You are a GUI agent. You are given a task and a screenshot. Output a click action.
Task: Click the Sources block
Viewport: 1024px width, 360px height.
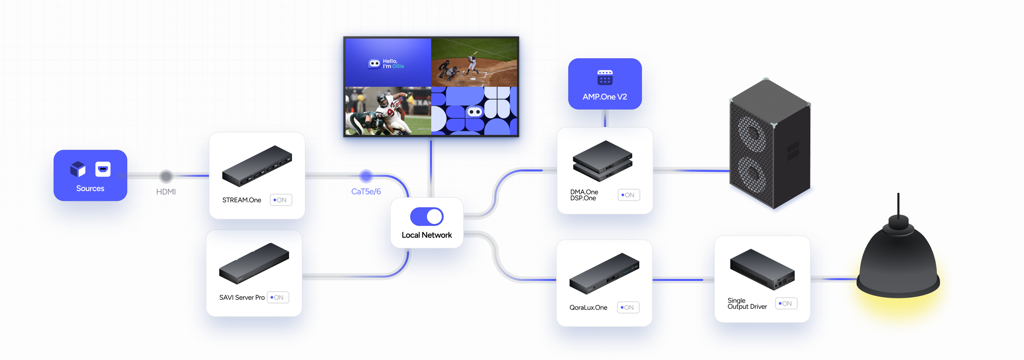click(x=90, y=175)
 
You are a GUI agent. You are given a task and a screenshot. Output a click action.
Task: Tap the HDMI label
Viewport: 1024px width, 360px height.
click(x=166, y=192)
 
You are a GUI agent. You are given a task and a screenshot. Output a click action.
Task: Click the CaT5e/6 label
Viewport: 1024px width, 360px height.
click(x=366, y=191)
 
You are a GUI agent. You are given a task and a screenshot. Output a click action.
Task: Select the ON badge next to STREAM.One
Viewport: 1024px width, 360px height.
click(x=281, y=200)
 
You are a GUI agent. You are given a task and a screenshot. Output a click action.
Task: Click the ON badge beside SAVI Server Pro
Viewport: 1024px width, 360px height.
click(x=278, y=297)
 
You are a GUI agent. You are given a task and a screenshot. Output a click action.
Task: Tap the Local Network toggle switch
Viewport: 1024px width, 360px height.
click(x=427, y=216)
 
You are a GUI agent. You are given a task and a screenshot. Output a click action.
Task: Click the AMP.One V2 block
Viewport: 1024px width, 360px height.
click(x=605, y=84)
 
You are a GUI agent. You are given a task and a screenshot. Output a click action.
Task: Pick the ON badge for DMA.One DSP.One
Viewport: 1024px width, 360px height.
click(x=628, y=195)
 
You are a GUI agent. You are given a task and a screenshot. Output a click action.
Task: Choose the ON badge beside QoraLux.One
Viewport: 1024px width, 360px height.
click(x=628, y=308)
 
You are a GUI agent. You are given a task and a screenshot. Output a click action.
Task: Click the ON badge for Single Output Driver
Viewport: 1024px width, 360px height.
click(x=786, y=303)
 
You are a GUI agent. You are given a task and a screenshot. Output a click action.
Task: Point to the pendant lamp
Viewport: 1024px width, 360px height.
click(x=898, y=262)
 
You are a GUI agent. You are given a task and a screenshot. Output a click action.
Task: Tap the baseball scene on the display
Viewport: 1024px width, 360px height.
click(x=474, y=62)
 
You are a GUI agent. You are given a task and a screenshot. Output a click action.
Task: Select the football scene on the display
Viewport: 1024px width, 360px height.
click(x=388, y=111)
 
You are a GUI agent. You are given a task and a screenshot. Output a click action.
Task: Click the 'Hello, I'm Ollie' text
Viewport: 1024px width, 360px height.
click(x=393, y=63)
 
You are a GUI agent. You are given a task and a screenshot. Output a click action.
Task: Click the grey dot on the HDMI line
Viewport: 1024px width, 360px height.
click(x=166, y=176)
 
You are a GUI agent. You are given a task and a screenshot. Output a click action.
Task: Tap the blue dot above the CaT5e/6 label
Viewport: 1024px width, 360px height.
click(x=366, y=176)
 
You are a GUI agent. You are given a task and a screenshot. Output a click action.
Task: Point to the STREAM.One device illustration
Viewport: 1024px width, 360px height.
click(x=257, y=166)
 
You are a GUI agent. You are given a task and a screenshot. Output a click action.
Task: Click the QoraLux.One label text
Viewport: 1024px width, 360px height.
click(x=588, y=308)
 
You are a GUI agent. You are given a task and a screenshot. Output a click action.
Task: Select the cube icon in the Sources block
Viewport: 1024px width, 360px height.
click(x=78, y=169)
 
